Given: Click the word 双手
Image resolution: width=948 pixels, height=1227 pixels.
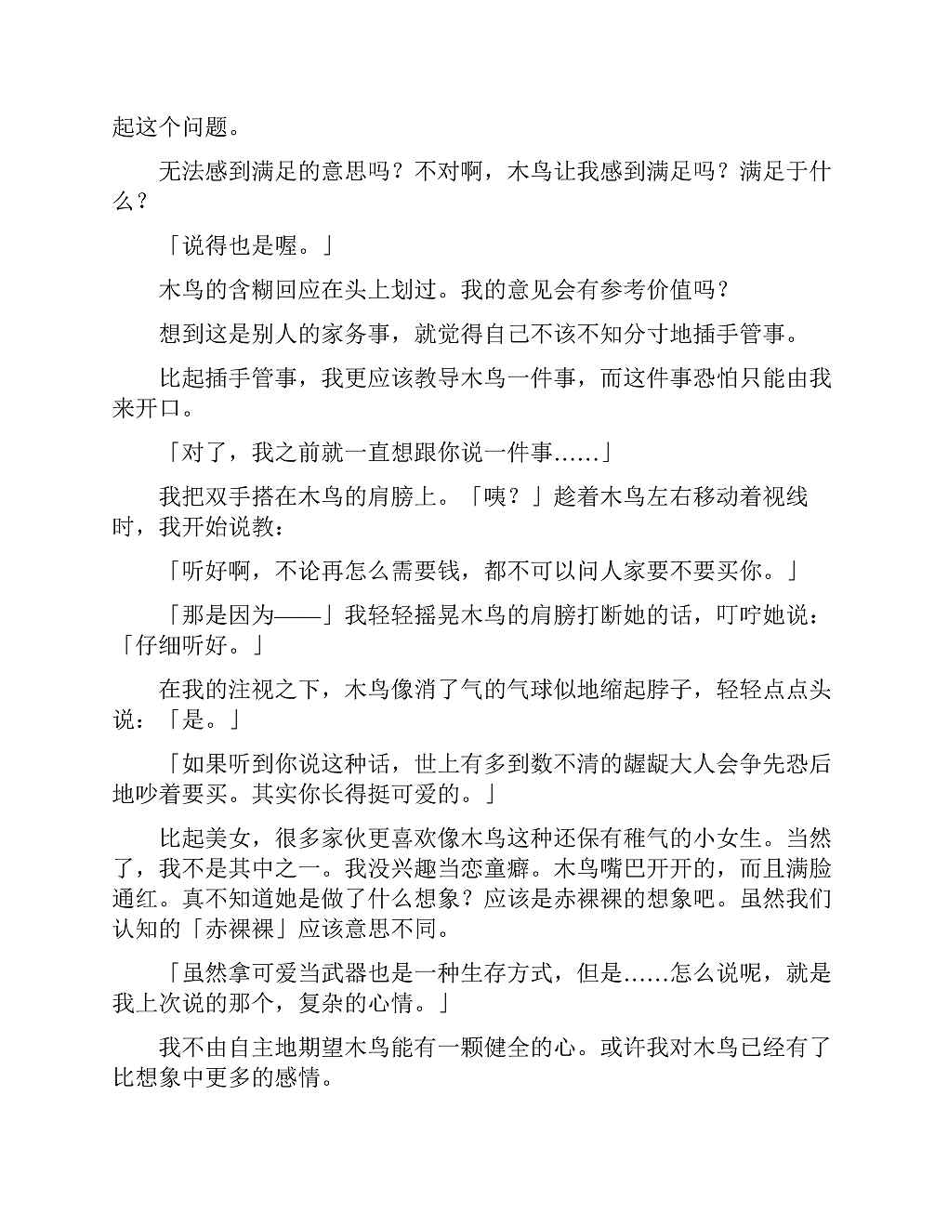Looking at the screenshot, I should pos(228,496).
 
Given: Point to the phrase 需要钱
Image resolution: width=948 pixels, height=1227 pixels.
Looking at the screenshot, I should pos(414,571).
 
